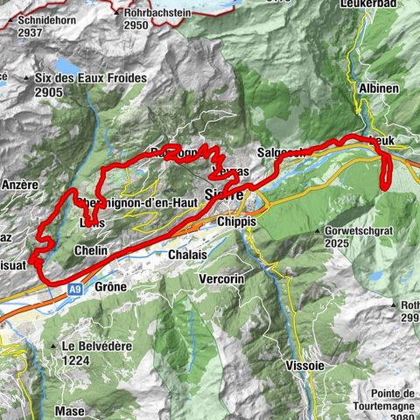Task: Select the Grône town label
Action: [109, 286]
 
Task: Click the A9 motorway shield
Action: [76, 285]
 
